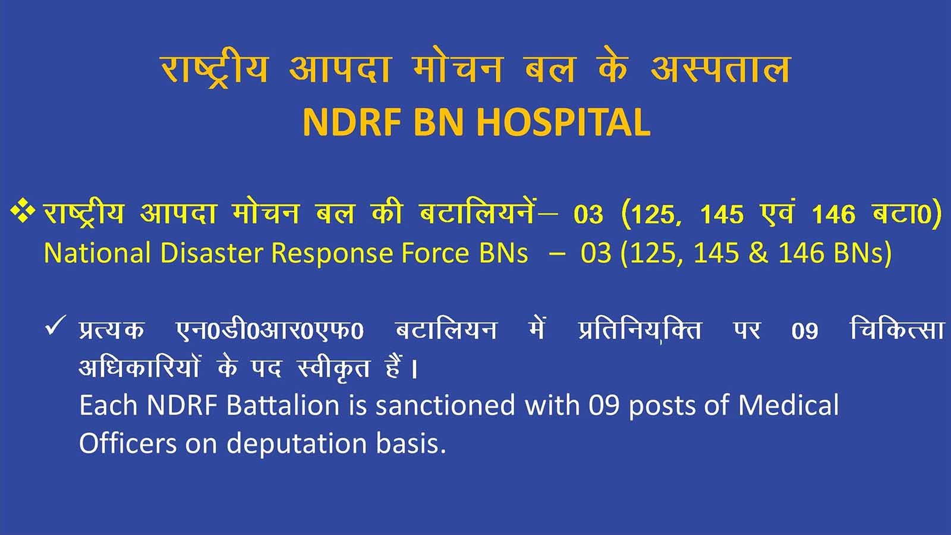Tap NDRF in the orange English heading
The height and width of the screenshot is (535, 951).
(352, 122)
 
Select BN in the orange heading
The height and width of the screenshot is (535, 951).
(438, 122)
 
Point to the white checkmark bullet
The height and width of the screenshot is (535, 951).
(55, 326)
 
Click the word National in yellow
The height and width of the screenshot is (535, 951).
(97, 253)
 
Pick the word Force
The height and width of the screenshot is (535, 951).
(435, 253)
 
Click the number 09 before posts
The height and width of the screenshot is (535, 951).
(603, 405)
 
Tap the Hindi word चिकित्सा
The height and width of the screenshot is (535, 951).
(897, 329)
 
